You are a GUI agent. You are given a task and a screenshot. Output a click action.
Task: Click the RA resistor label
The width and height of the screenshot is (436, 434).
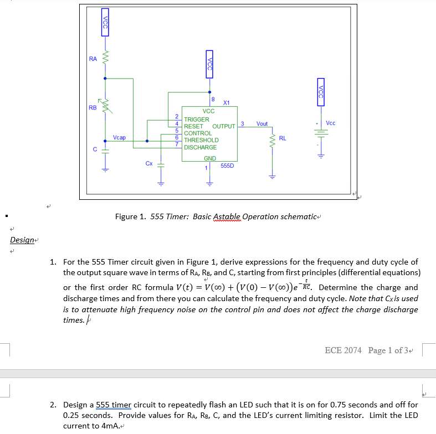click(93, 58)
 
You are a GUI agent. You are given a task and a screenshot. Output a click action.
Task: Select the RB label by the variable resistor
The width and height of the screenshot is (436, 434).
click(93, 107)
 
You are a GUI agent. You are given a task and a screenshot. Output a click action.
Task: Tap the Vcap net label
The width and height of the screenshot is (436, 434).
click(119, 137)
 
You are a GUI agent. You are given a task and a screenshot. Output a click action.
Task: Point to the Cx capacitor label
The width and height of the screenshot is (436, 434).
click(149, 163)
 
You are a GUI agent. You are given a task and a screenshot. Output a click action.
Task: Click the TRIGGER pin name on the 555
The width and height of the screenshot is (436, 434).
click(197, 120)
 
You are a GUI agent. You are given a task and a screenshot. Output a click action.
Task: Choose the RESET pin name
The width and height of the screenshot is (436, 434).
click(193, 126)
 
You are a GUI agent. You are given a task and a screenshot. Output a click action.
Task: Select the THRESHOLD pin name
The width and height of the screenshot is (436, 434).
click(201, 140)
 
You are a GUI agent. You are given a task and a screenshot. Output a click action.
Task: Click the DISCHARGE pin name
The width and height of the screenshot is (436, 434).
click(201, 147)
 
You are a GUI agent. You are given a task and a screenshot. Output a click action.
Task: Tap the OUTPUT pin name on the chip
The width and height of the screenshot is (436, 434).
click(224, 126)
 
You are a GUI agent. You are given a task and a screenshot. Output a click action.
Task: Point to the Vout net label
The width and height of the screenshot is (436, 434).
click(262, 123)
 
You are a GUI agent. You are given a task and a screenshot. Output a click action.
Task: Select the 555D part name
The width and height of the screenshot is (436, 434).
click(227, 166)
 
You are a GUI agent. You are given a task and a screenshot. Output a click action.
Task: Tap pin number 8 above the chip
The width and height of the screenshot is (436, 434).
click(213, 99)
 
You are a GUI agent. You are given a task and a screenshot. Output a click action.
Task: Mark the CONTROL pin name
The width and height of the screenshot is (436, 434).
click(198, 133)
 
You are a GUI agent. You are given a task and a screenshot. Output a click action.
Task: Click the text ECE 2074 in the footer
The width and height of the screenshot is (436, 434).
click(343, 350)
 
